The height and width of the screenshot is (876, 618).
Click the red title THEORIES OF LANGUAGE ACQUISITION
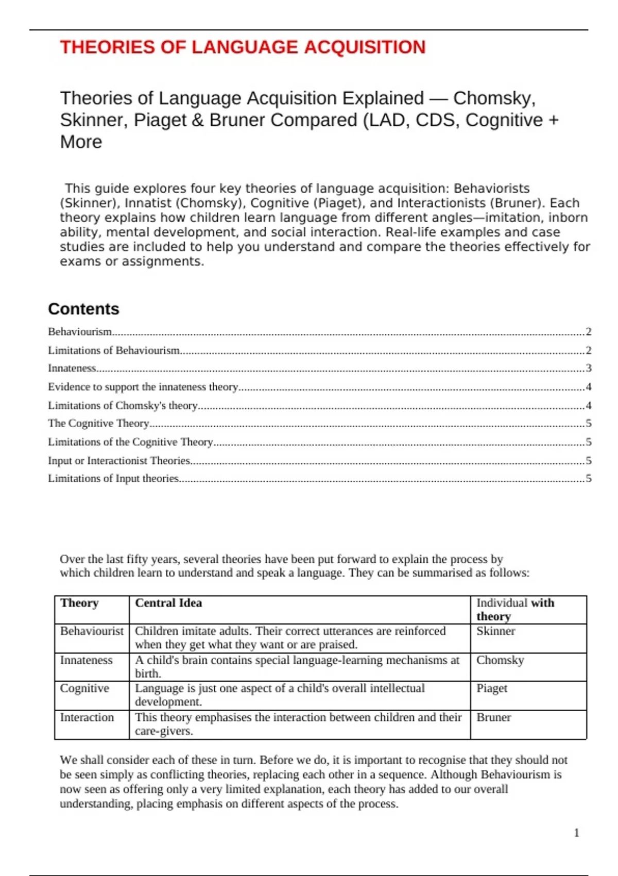243,47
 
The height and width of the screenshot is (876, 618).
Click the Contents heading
83,309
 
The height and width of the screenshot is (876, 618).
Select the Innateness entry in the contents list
72,368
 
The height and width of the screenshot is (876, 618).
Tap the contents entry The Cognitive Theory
98,423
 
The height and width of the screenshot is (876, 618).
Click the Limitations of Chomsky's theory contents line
123,406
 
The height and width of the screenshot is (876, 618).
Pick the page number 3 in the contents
589,368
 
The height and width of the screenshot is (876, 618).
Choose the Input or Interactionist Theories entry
119,460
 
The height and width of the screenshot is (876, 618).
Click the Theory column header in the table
79,603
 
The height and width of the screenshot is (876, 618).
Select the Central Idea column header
168,603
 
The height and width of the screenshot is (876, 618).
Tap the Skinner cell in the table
495,631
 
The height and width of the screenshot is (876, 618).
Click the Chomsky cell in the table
500,660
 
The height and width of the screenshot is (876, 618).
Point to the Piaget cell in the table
492,688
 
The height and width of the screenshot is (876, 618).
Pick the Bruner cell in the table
493,717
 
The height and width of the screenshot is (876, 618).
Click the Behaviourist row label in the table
92,631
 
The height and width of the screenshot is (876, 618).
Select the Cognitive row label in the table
84,688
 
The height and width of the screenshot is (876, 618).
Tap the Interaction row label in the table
87,717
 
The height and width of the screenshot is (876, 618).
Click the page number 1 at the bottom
576,833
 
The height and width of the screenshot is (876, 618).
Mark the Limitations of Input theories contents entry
113,478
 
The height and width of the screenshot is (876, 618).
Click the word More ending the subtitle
81,142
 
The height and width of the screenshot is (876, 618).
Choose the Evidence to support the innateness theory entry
143,386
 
